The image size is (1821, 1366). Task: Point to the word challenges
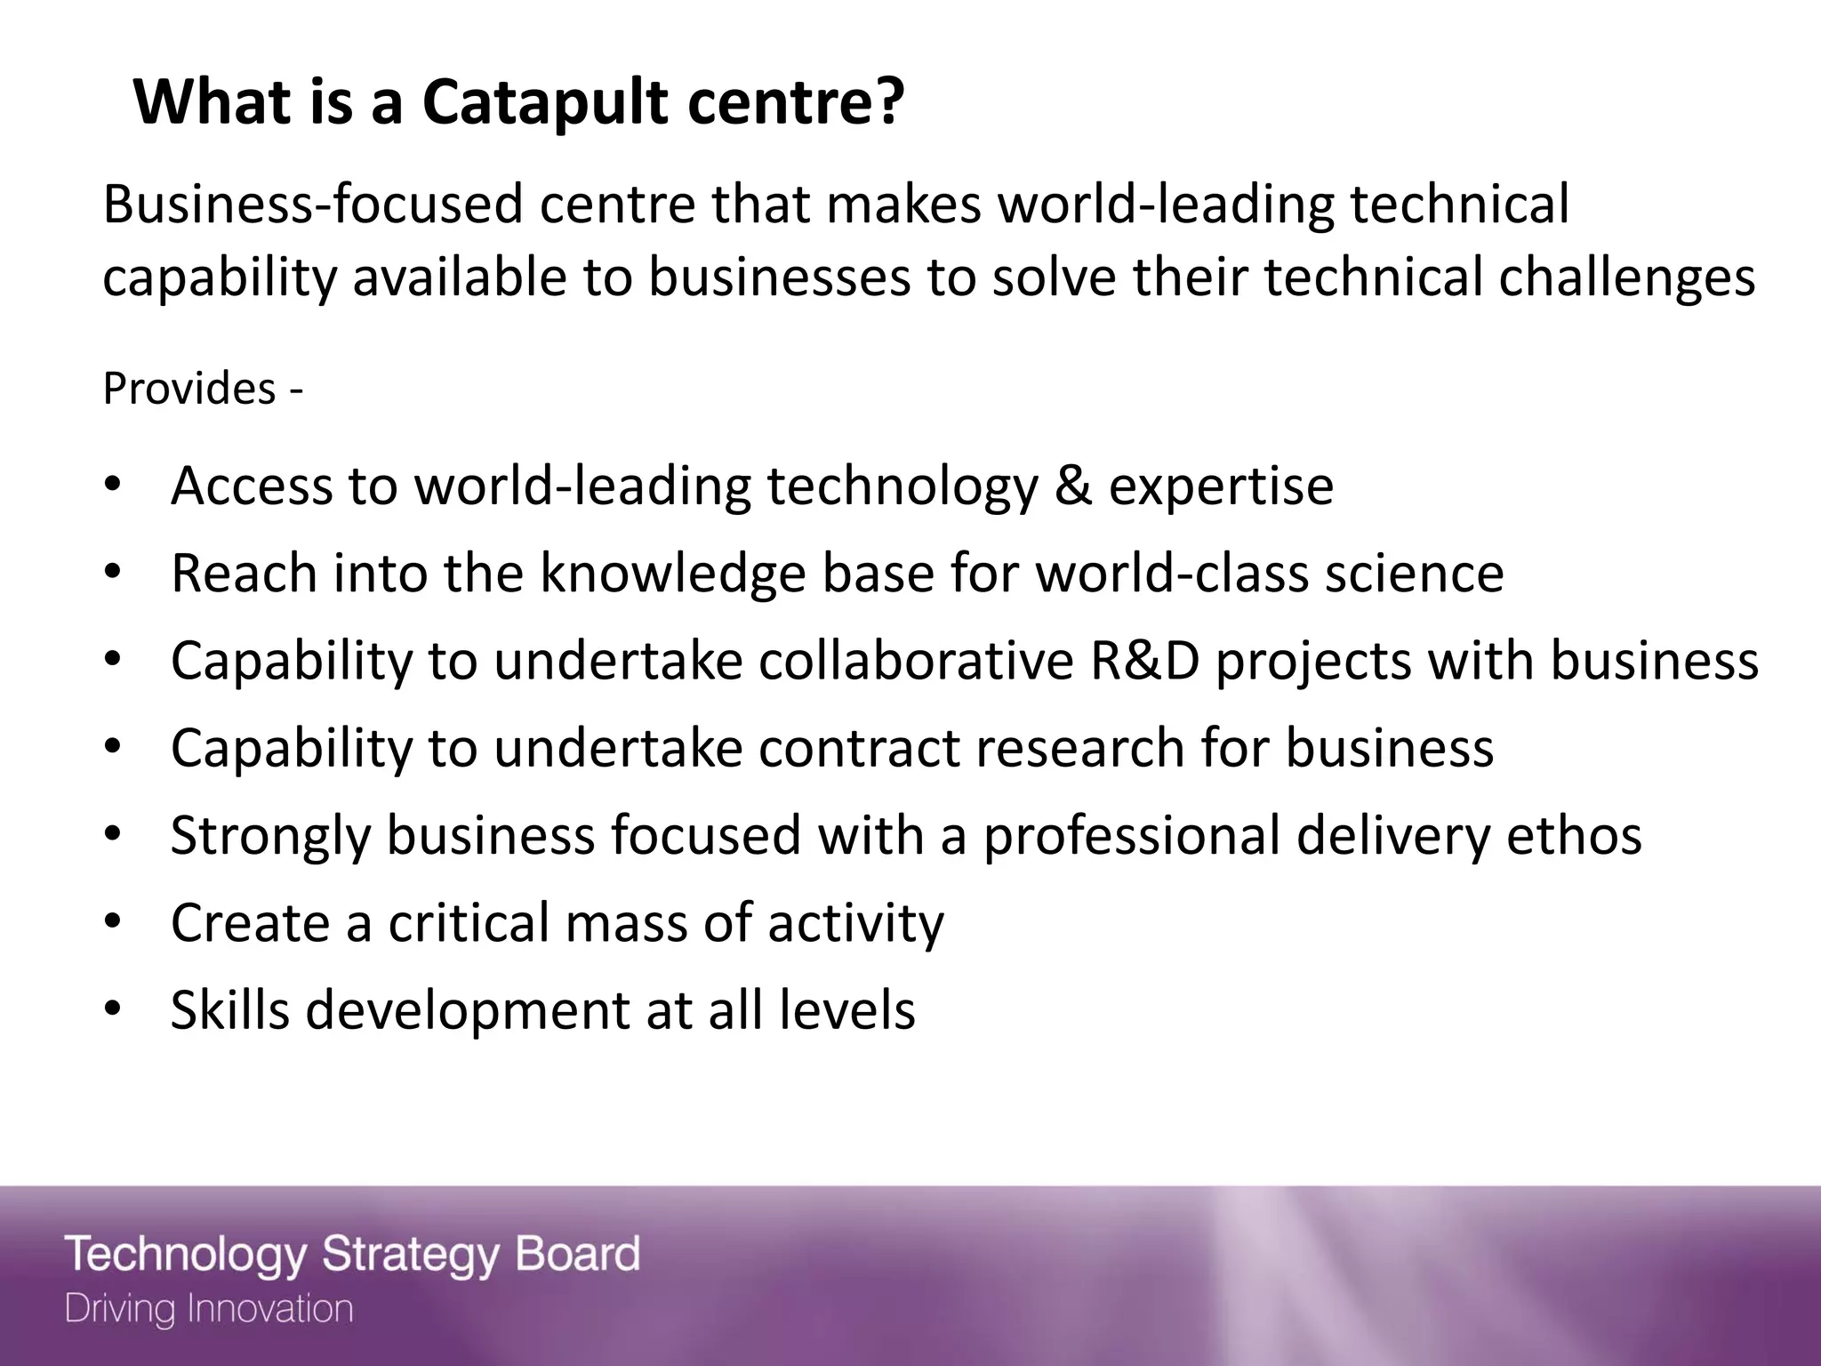(x=1627, y=277)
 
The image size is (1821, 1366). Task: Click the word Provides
(x=189, y=389)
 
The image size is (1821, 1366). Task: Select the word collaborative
(x=916, y=661)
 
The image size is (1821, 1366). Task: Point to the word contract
(x=859, y=748)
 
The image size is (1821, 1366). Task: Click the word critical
(x=469, y=923)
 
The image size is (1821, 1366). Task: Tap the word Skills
(x=230, y=1010)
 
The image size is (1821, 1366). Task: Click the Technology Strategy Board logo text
(x=352, y=1254)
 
